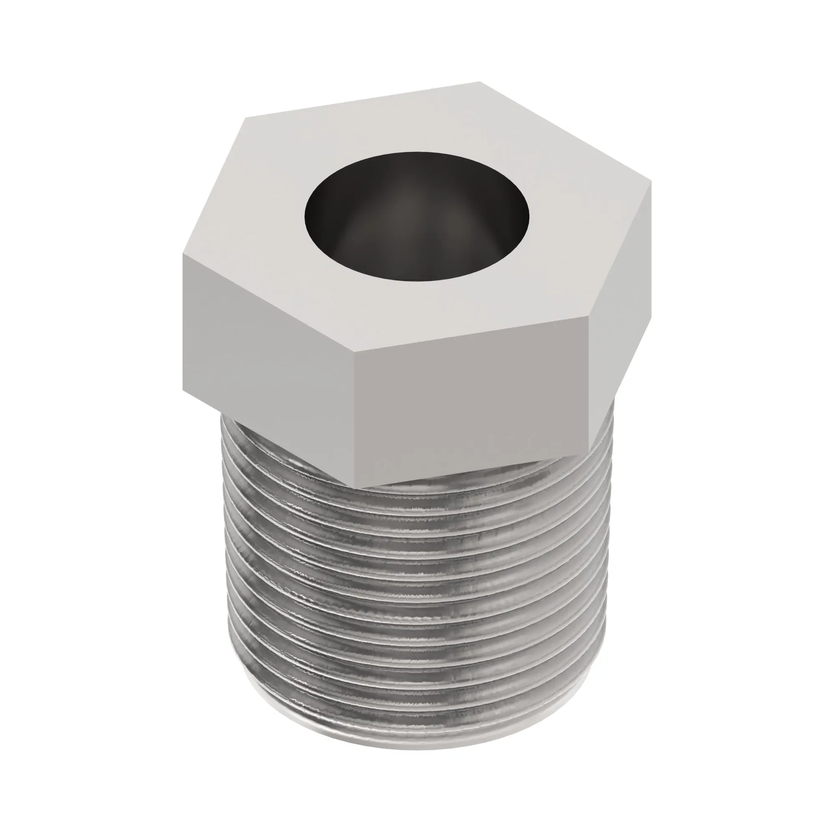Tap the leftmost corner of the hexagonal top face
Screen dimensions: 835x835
pyautogui.click(x=183, y=255)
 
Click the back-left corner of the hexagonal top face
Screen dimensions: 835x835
pyautogui.click(x=245, y=118)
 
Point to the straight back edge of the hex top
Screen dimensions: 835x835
pyautogui.click(x=363, y=99)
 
